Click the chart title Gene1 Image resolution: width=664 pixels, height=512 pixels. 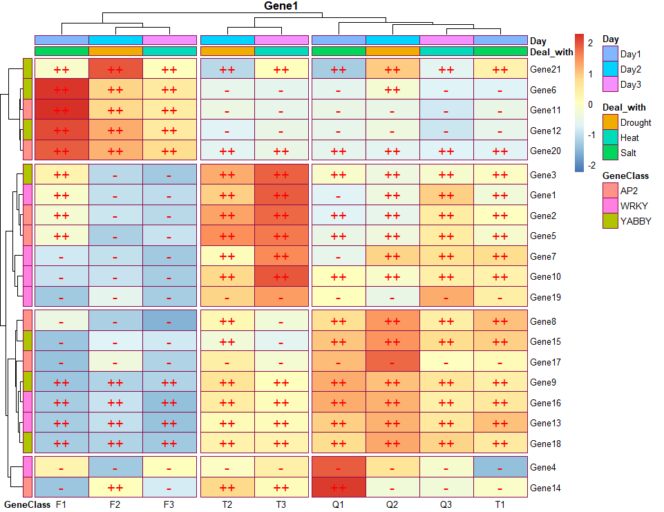coord(281,6)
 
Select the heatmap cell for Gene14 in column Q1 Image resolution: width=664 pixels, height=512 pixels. coord(338,488)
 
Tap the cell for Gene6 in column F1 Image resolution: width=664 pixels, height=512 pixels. coord(61,90)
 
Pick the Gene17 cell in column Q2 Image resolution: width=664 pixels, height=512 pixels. coord(392,362)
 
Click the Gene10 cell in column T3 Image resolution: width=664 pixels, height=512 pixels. coord(281,277)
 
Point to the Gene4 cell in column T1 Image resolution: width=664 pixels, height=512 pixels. coord(500,468)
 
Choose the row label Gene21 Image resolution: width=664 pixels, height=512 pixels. coord(545,70)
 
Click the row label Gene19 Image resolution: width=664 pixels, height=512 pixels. coord(545,298)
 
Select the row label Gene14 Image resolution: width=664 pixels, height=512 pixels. coord(545,489)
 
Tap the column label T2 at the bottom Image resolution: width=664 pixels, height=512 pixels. coord(227,505)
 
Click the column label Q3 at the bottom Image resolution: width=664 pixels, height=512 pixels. coord(446,505)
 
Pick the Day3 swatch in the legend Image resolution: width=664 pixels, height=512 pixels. coord(610,84)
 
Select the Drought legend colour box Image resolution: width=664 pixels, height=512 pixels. coord(610,122)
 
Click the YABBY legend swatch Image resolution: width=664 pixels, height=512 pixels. coord(610,221)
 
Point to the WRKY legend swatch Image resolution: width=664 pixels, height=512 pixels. coord(610,206)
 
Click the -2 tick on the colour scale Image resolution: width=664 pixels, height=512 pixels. coord(591,166)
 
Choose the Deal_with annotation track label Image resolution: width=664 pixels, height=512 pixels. coord(551,52)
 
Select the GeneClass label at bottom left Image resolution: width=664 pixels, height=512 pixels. coord(26,505)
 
